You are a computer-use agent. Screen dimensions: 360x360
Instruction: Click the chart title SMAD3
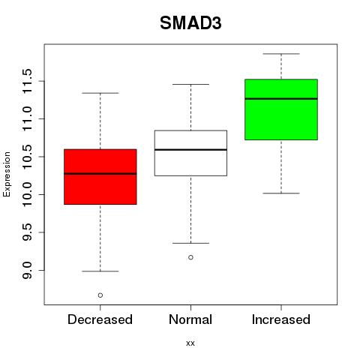[x=190, y=23]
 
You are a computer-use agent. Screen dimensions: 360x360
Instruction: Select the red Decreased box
[x=100, y=177]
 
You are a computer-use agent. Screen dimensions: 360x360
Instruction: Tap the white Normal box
[x=190, y=153]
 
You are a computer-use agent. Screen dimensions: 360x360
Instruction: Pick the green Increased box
[x=281, y=109]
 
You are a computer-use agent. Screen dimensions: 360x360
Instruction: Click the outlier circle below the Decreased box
[x=100, y=295]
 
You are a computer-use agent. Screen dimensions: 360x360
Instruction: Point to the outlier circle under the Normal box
[x=190, y=257]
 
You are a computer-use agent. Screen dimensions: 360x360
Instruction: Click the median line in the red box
[x=100, y=173]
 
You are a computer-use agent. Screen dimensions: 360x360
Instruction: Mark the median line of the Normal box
[x=190, y=150]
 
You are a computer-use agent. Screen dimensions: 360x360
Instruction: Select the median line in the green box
[x=281, y=99]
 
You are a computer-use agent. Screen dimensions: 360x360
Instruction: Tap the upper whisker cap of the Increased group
[x=281, y=54]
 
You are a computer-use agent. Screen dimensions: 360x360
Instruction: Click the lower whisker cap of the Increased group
[x=281, y=193]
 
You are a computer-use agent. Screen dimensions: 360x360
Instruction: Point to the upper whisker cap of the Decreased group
[x=100, y=93]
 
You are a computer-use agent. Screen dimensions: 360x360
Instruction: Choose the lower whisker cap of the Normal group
[x=190, y=243]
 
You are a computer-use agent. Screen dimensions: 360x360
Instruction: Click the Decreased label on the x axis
[x=100, y=319]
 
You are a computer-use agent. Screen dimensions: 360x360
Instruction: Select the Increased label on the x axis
[x=281, y=319]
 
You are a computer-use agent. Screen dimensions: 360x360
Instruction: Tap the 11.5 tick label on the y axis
[x=27, y=81]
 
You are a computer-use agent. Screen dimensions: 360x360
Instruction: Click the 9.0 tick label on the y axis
[x=27, y=270]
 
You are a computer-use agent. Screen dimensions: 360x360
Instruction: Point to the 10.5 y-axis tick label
[x=27, y=157]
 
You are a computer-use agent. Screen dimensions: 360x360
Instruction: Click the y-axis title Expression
[x=7, y=174]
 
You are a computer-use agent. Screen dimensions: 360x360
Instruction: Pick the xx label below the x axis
[x=190, y=343]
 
